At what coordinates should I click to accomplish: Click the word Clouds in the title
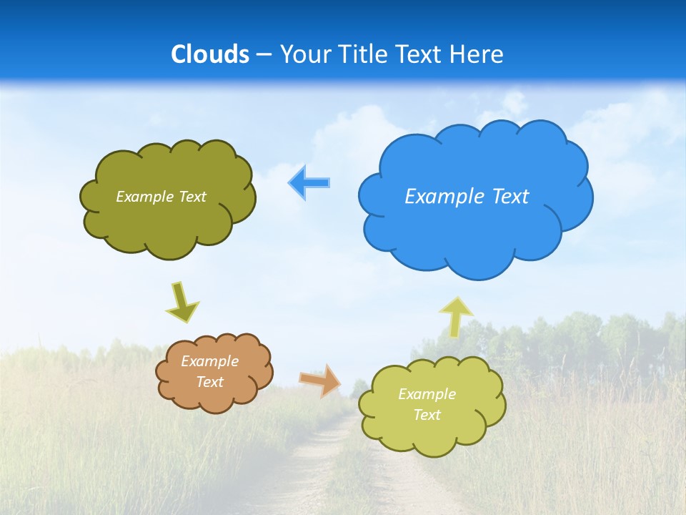210,54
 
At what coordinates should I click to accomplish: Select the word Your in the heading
305,54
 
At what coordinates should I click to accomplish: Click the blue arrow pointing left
309,183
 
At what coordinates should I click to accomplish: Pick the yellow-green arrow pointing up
455,317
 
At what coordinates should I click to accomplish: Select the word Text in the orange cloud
209,382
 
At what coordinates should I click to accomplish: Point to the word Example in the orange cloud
209,361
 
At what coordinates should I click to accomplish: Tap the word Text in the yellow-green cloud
427,415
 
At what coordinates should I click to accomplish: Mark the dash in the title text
264,54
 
